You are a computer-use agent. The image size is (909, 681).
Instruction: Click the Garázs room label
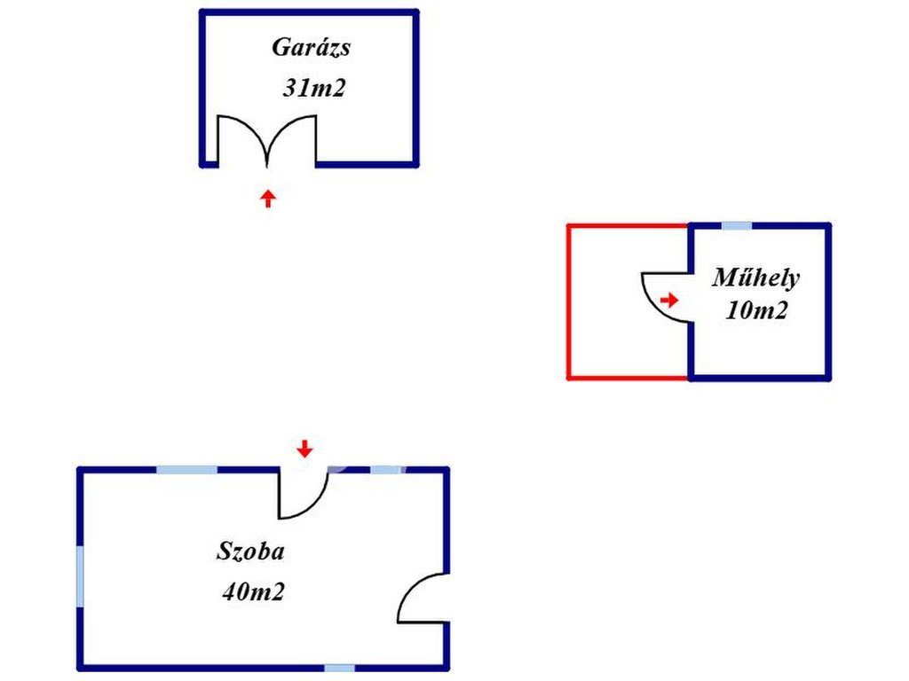pos(311,48)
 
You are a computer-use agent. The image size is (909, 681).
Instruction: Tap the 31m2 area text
pos(312,89)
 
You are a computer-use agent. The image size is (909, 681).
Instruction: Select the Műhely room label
pos(755,278)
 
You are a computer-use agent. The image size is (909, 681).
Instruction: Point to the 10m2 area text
pos(756,311)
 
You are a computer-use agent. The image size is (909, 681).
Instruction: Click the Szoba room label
pos(251,552)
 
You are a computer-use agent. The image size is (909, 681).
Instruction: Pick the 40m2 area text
pos(253,591)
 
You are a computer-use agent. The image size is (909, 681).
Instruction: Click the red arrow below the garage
pos(267,198)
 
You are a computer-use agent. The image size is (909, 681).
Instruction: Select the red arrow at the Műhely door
pos(669,301)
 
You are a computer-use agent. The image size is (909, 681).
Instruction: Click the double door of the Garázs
pos(267,142)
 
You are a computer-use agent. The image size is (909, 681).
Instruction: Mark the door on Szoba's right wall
pos(423,599)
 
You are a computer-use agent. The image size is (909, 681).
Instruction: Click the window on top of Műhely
pos(736,225)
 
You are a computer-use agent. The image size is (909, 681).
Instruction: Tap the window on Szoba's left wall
pos(81,576)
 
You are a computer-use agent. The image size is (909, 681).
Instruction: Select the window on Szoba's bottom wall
pos(339,668)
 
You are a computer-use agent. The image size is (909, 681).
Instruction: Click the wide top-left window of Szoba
pos(186,469)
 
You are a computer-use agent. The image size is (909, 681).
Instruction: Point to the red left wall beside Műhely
pos(568,301)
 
